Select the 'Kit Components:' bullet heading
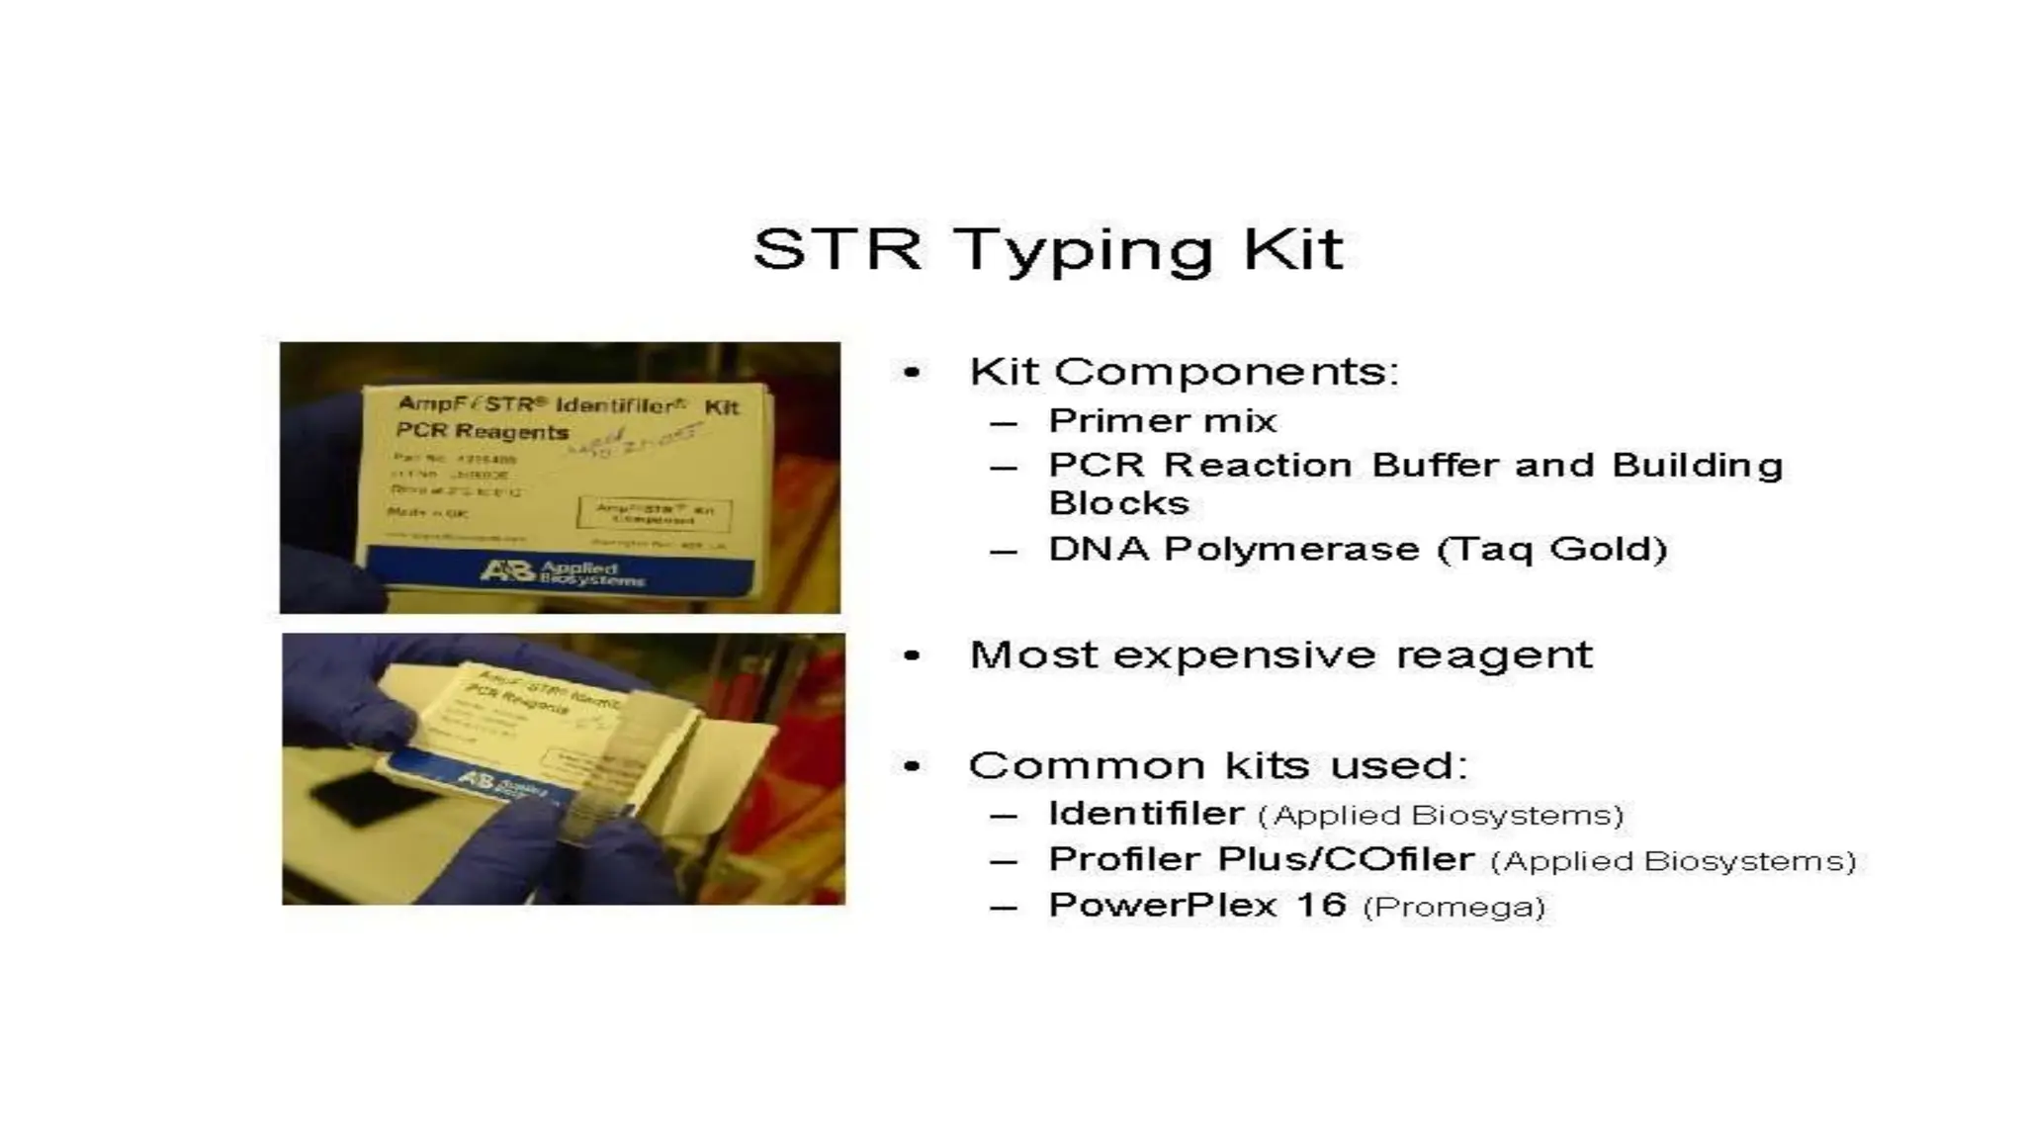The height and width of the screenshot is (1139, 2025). pos(1184,372)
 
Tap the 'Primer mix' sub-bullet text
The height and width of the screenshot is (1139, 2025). pos(1162,421)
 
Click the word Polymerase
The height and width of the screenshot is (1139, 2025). pos(1291,549)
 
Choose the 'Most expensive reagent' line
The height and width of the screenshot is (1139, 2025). pos(1280,655)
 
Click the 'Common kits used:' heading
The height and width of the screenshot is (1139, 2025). pos(1217,765)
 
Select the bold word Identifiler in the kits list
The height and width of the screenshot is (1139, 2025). pos(1145,814)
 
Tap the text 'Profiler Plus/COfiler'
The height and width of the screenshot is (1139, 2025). pos(1261,859)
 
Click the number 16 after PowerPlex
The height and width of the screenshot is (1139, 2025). pos(1320,905)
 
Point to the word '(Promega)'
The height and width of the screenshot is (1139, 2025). pos(1453,907)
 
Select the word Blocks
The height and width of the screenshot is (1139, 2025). pos(1118,503)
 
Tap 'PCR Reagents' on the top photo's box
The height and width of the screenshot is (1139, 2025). pos(482,431)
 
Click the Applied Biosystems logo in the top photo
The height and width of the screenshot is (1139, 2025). pos(561,572)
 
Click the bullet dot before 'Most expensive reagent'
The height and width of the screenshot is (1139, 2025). pos(912,656)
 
